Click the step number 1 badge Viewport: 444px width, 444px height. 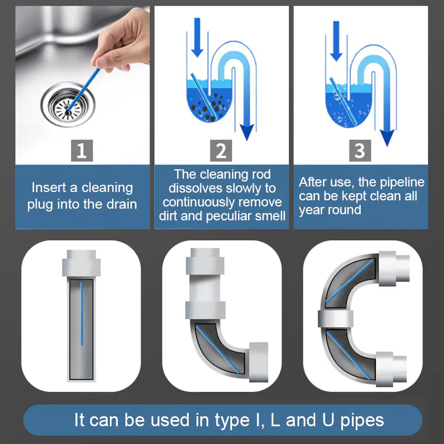click(x=82, y=151)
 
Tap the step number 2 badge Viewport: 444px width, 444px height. click(x=221, y=151)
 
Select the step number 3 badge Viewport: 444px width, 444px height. click(x=360, y=151)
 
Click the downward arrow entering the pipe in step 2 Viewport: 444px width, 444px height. click(x=196, y=44)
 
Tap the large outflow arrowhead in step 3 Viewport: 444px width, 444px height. click(x=387, y=137)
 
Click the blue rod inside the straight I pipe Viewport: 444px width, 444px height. click(x=82, y=314)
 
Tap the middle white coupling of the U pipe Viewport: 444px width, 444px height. click(x=336, y=319)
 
